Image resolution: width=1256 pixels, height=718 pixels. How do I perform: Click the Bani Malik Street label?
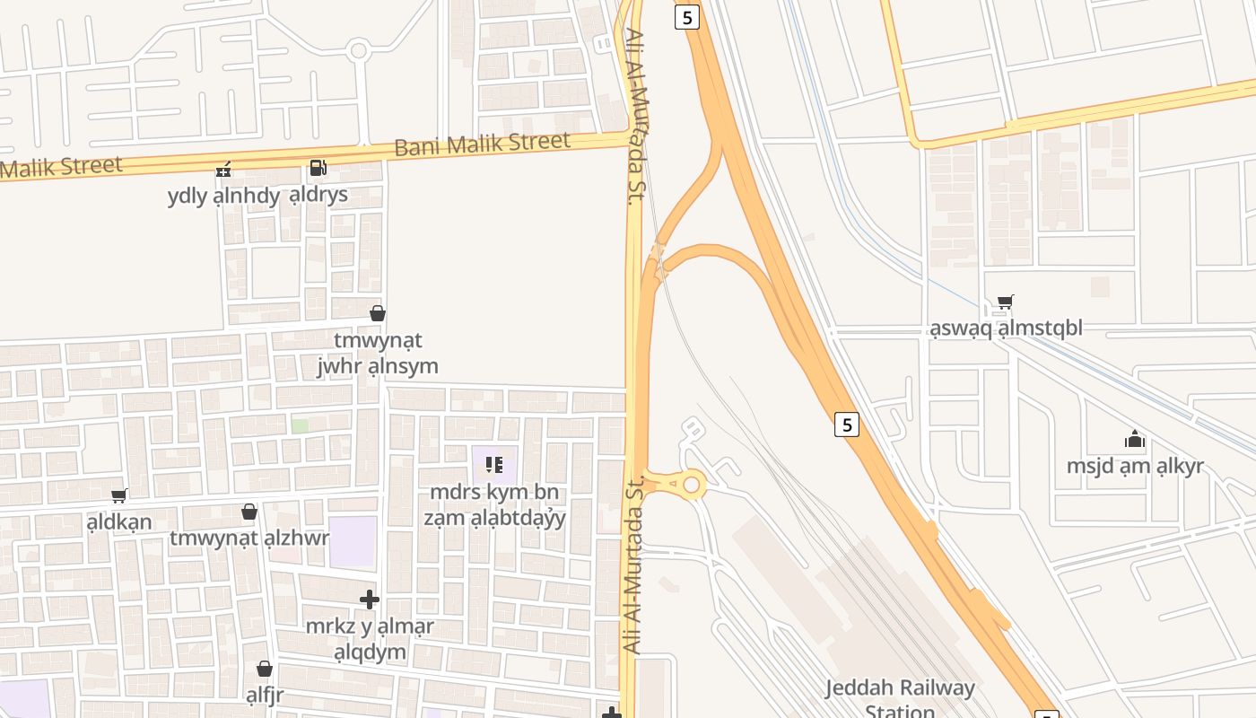coord(482,143)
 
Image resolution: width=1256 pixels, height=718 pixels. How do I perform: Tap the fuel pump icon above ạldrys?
coord(318,167)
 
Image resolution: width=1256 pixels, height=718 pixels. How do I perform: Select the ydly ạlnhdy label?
coord(223,196)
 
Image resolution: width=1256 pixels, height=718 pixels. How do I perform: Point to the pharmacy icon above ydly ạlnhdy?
coord(223,168)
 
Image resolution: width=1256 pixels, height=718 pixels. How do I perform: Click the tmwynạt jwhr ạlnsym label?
coord(378,354)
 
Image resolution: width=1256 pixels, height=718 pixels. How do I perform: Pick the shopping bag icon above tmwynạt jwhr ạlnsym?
coord(378,313)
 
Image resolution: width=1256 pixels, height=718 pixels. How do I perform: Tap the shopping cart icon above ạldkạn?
coord(119,495)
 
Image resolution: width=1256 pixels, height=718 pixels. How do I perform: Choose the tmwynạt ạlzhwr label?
coord(249,538)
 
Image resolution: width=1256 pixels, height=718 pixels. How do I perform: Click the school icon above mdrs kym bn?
coord(494,465)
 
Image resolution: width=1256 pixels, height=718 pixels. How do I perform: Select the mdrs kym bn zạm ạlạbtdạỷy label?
coord(494,505)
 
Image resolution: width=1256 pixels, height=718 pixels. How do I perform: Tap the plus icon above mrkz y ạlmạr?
coord(369,599)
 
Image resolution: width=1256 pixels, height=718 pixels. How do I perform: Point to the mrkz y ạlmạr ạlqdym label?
coord(370,639)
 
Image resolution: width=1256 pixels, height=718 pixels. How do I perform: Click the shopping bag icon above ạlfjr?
coord(265,669)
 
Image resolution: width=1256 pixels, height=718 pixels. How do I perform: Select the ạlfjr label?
coord(265,696)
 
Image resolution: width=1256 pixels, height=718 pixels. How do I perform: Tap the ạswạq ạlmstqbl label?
coord(1006,328)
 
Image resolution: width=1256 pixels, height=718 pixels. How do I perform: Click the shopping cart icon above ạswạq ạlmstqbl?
coord(1006,302)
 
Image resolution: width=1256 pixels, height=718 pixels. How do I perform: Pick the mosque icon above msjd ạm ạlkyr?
coord(1135,440)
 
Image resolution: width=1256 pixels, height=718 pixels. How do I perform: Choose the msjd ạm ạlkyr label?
coord(1135,467)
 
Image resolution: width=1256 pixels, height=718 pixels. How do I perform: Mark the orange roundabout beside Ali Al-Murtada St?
coord(691,486)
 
